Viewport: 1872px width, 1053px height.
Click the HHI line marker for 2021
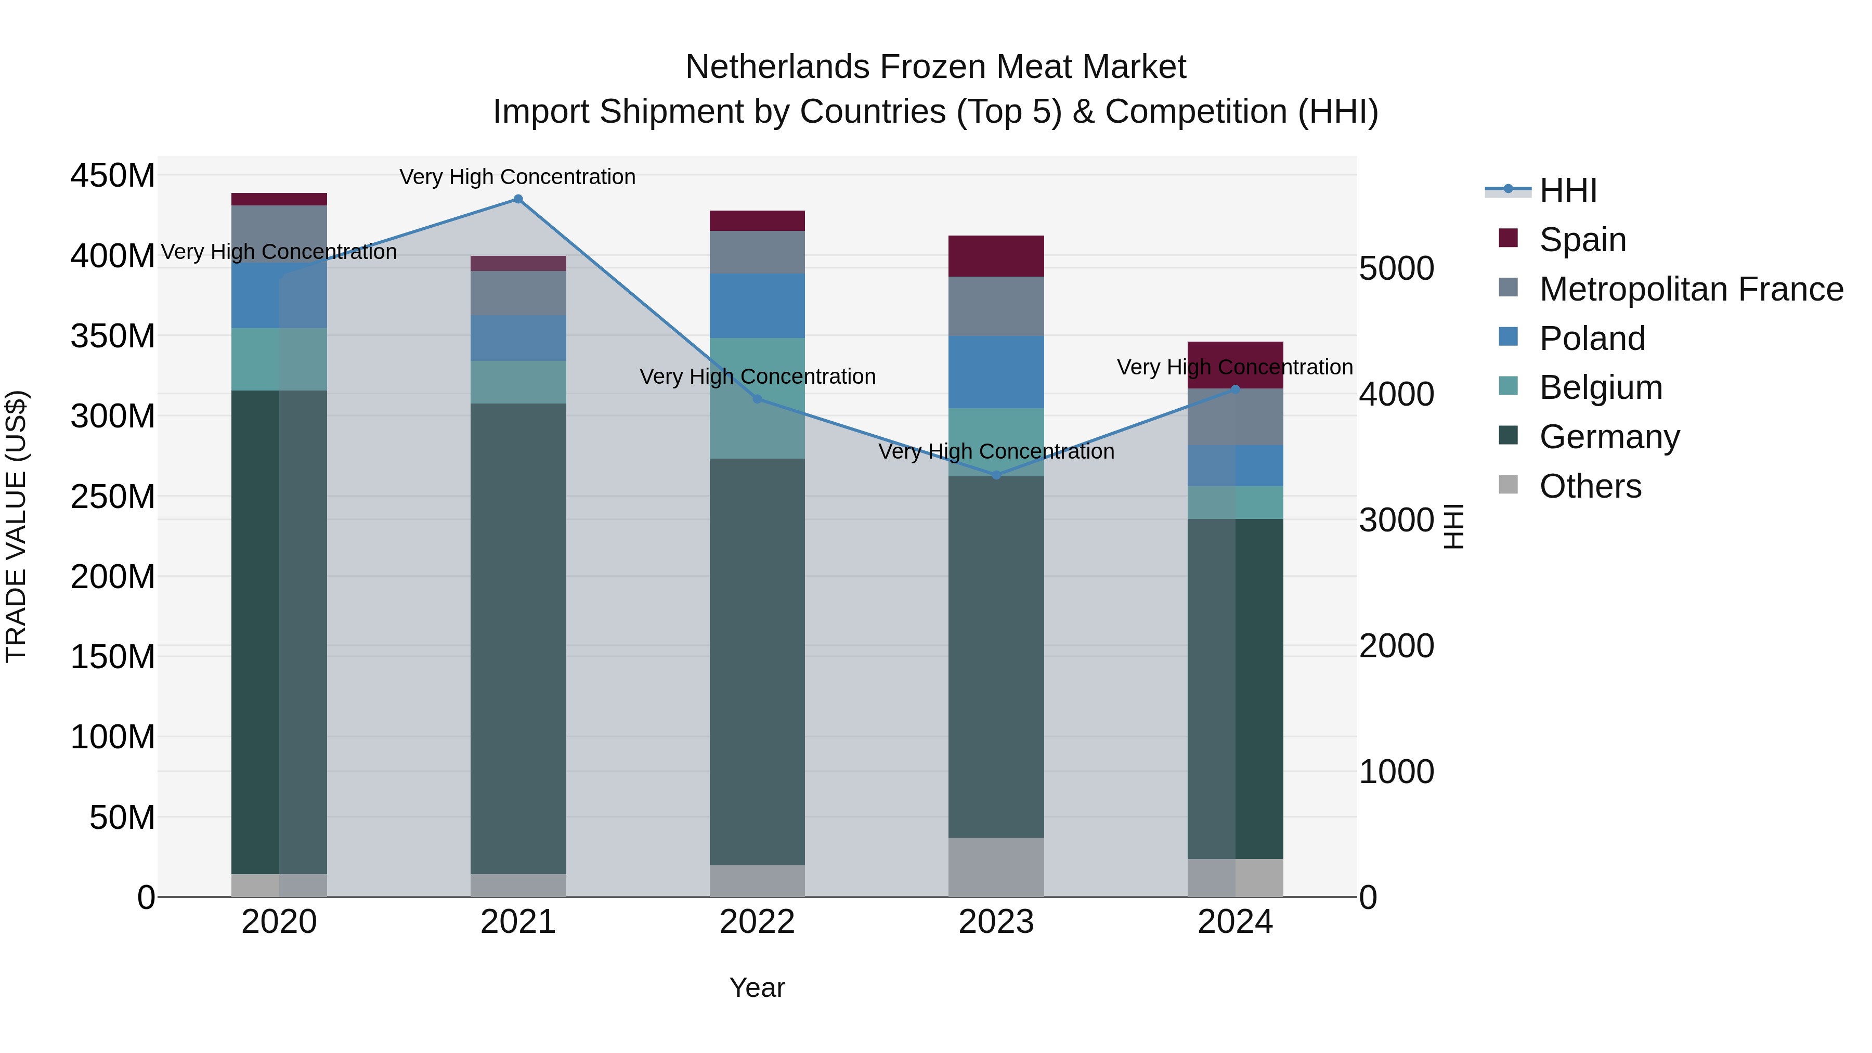pyautogui.click(x=518, y=199)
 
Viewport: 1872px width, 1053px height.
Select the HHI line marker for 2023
pyautogui.click(x=996, y=475)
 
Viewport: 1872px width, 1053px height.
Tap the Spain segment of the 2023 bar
pyautogui.click(x=996, y=256)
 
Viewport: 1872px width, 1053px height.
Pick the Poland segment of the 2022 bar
pyautogui.click(x=757, y=305)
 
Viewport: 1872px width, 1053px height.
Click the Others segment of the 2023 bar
pyautogui.click(x=996, y=867)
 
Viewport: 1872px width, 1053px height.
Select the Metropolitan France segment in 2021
pyautogui.click(x=518, y=293)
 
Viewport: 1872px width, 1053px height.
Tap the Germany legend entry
pyautogui.click(x=1609, y=437)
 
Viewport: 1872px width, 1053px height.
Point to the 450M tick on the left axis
pyautogui.click(x=113, y=176)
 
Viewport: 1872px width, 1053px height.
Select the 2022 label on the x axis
pyautogui.click(x=757, y=922)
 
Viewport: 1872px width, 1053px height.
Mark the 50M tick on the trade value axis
pyautogui.click(x=122, y=817)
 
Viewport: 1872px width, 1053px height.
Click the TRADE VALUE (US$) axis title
pyautogui.click(x=16, y=526)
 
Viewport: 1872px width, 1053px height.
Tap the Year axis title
pyautogui.click(x=757, y=987)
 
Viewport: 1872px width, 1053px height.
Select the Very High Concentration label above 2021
pyautogui.click(x=517, y=177)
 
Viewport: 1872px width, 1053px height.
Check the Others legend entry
pyautogui.click(x=1590, y=486)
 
